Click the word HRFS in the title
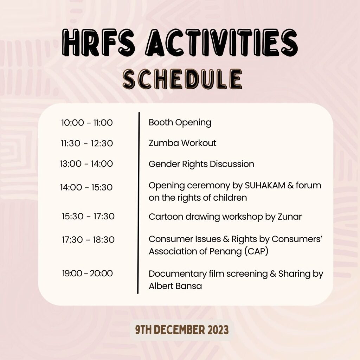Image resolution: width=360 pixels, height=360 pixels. point(98,43)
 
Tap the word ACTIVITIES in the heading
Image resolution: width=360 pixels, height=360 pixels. point(221,43)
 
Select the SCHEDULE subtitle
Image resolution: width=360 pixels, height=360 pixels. point(182,79)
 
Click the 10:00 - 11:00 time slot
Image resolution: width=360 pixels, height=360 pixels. point(87,123)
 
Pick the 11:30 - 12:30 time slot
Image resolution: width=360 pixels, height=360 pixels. point(87,143)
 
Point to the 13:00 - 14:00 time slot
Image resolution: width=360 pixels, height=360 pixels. point(86,164)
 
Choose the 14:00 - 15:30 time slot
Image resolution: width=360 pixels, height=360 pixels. point(86,187)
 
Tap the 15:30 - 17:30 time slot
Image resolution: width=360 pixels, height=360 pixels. point(88,216)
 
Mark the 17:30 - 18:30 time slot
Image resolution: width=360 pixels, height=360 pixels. point(88,240)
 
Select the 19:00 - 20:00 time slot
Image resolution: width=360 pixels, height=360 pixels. point(88,273)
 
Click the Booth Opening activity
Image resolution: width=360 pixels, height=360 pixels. point(180,123)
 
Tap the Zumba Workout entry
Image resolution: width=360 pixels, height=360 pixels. point(182,143)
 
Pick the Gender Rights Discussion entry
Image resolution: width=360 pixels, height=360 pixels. point(201,164)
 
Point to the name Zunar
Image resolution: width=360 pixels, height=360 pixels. point(290,217)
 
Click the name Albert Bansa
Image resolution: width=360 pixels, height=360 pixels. point(175,286)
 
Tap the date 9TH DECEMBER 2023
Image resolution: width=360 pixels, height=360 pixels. point(182,330)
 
